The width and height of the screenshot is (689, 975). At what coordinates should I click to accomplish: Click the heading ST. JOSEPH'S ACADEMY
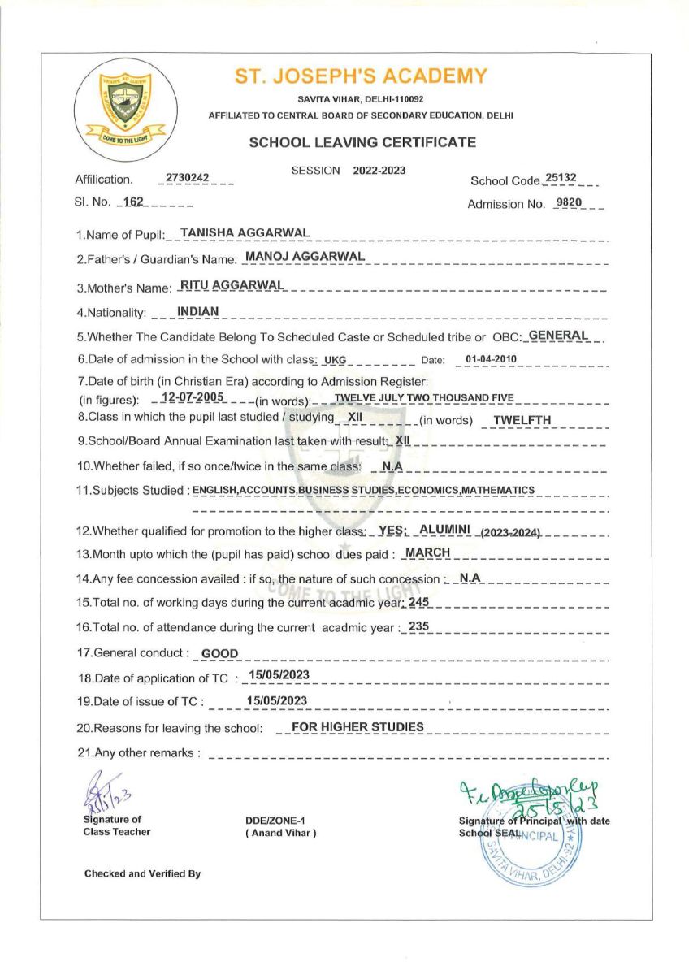pyautogui.click(x=362, y=76)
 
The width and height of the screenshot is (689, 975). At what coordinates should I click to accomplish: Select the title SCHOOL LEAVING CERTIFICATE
pyautogui.click(x=362, y=142)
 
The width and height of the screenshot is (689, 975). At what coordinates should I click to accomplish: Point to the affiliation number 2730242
pyautogui.click(x=188, y=177)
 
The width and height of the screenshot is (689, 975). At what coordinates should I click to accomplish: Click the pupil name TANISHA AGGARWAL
pyautogui.click(x=245, y=232)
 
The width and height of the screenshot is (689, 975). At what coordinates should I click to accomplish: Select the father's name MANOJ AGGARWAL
pyautogui.click(x=305, y=257)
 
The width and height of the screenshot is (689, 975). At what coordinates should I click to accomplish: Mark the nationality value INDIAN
pyautogui.click(x=197, y=310)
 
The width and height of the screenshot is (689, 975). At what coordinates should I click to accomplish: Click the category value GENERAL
pyautogui.click(x=558, y=334)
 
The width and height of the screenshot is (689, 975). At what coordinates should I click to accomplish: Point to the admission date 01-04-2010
pyautogui.click(x=491, y=359)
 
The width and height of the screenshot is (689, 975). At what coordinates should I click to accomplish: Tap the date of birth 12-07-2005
pyautogui.click(x=193, y=397)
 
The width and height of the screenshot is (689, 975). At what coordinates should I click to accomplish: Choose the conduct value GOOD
pyautogui.click(x=219, y=653)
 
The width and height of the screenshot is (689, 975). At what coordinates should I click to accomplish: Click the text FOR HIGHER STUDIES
pyautogui.click(x=358, y=726)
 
